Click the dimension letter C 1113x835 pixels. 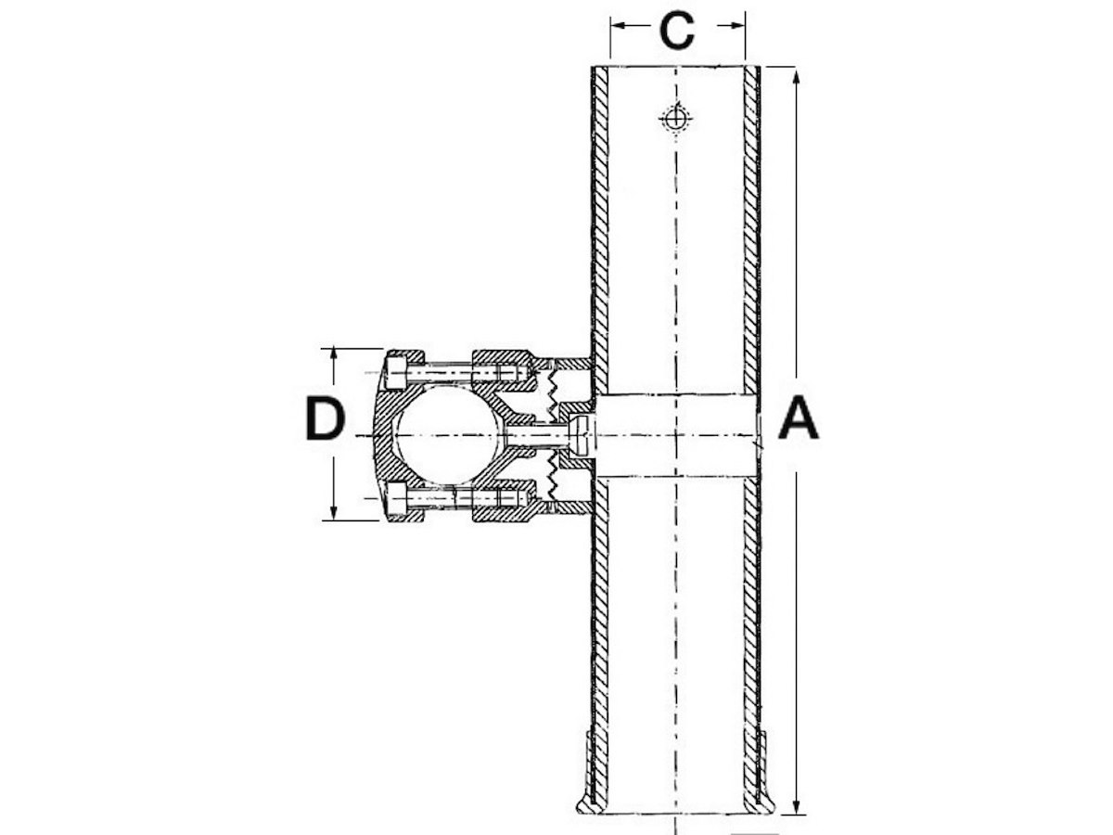677,31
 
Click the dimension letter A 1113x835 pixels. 799,417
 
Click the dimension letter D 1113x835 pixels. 326,418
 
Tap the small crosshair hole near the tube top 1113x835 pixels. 675,119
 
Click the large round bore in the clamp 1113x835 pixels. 448,434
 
